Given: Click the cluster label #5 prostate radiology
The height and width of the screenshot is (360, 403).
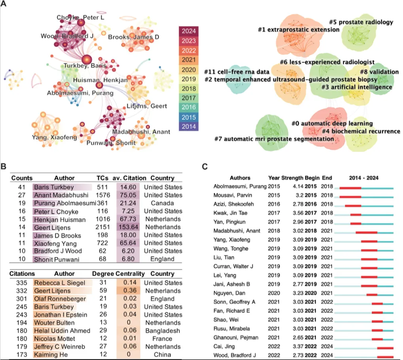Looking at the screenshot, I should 361,22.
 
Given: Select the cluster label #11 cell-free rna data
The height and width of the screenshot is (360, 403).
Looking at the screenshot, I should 237,72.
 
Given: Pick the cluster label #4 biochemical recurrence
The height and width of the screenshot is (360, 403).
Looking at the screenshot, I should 361,131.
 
